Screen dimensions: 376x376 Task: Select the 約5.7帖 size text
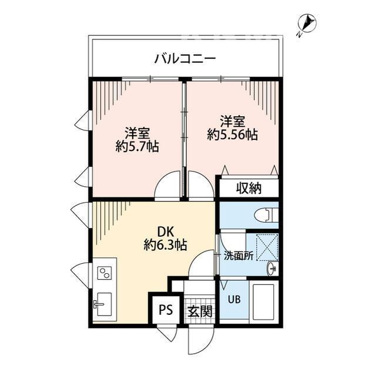tap(139, 146)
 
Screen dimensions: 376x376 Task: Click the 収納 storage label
tap(249, 189)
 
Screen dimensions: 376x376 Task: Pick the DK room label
tap(165, 231)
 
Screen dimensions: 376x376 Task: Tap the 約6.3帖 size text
tap(165, 245)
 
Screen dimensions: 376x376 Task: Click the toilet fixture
tap(265, 215)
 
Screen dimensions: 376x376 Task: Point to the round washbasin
tap(271, 269)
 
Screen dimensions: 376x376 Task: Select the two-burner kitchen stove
tap(105, 273)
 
